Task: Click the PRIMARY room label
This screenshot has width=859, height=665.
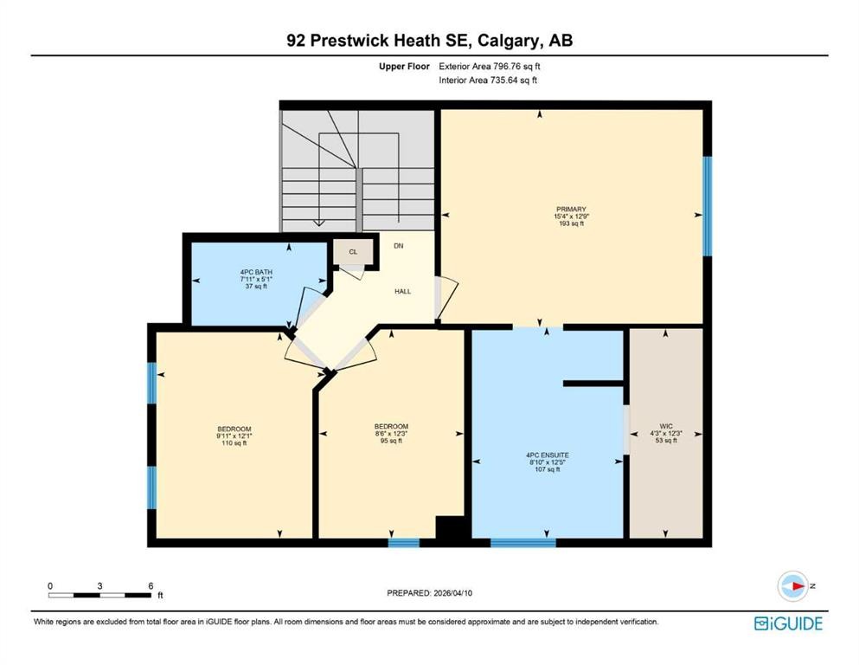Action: pos(571,209)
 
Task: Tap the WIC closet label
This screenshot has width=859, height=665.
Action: pos(666,426)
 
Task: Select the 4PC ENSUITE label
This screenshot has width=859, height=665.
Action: pos(547,455)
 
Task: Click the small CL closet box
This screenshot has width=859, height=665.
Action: pos(353,252)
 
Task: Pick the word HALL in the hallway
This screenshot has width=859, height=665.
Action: pos(402,292)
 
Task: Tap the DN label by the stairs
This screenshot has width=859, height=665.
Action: pos(398,246)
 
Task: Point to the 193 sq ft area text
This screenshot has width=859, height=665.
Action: pos(571,223)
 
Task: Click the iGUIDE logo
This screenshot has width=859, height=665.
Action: pos(787,623)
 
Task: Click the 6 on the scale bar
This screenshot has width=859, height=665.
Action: pos(151,586)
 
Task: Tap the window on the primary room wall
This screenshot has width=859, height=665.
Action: pos(707,206)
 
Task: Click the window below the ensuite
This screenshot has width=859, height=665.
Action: pos(522,543)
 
